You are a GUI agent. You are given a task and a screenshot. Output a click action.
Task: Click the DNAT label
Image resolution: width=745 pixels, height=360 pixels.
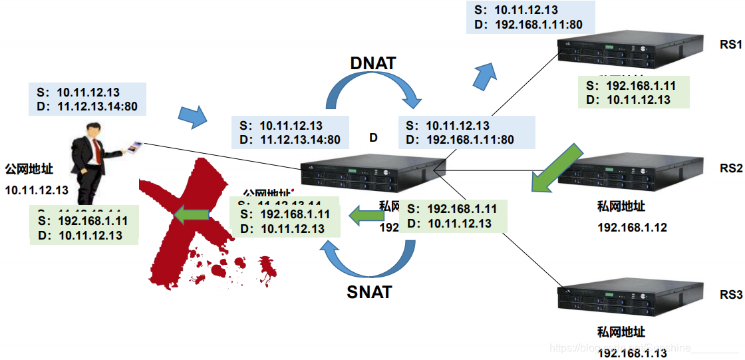pyautogui.click(x=372, y=63)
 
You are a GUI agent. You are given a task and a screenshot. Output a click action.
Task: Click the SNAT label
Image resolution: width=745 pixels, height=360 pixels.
pyautogui.click(x=369, y=291)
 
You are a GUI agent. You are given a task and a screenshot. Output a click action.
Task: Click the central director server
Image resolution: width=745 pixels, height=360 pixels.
pyautogui.click(x=372, y=172)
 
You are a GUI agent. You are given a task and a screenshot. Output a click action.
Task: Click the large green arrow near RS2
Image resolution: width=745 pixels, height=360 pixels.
pyautogui.click(x=553, y=168)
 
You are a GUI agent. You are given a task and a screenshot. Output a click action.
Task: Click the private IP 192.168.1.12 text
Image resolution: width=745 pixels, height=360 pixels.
pyautogui.click(x=632, y=228)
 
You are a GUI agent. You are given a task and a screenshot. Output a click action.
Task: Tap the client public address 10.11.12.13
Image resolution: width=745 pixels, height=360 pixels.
pyautogui.click(x=37, y=190)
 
